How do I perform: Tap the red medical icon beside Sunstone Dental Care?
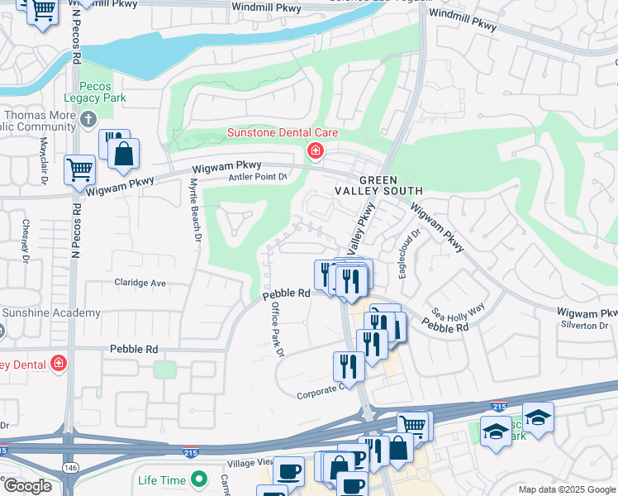click(x=315, y=150)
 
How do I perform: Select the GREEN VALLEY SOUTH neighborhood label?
click(x=390, y=187)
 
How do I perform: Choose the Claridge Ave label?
click(x=140, y=283)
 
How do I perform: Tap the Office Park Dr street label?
click(x=278, y=329)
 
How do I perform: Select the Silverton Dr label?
click(x=586, y=326)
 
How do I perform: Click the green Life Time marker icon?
click(x=198, y=479)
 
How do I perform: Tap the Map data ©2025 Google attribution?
click(x=566, y=489)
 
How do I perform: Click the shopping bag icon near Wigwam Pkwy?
click(x=123, y=154)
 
